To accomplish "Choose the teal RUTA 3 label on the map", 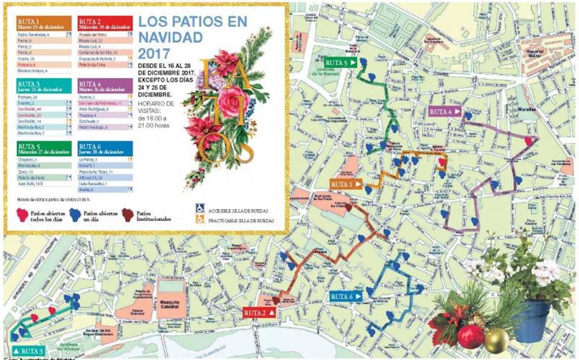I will coord(29,350).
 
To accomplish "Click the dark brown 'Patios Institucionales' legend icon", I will coord(127,215).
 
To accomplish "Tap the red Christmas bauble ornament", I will coord(470,336).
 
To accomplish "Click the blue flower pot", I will coord(531,321).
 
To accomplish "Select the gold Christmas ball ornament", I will coord(496,340).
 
